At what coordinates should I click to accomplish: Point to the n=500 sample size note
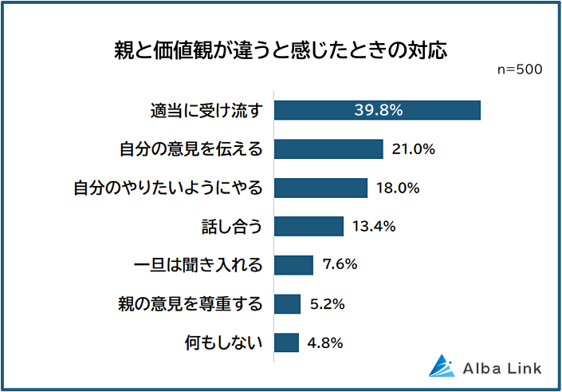coord(520,69)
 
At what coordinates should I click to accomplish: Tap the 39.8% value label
coord(378,110)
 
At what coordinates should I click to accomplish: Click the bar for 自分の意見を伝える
coord(328,149)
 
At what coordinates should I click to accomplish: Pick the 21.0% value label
coord(412,149)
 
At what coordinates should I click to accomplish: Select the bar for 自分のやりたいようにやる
coord(320,188)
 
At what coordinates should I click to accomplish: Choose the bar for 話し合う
coord(309,226)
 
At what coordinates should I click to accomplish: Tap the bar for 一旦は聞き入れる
coord(293,265)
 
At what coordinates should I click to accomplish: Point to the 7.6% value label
coord(339,265)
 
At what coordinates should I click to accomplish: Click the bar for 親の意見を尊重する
coord(287,303)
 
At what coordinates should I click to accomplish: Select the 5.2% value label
coord(327,303)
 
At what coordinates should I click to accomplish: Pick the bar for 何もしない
coord(286,343)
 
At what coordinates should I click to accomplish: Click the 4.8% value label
coord(324,343)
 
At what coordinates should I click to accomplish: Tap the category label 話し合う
coord(235,226)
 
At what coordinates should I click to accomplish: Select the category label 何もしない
coord(223,343)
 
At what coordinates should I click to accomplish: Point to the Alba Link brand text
coord(502,368)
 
